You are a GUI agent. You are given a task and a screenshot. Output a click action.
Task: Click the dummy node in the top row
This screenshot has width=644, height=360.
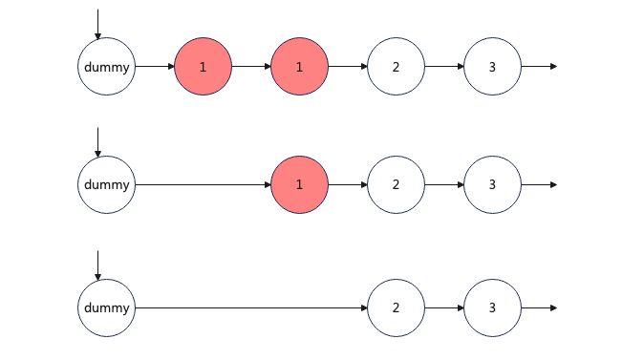click(106, 67)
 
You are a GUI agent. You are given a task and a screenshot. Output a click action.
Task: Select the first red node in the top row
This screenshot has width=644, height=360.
click(203, 67)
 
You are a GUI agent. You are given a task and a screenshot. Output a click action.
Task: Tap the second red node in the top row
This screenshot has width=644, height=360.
click(299, 67)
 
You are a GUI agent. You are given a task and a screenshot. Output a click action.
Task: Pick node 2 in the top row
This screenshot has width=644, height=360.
click(396, 67)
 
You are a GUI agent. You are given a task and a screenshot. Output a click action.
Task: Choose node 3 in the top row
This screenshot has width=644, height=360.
click(492, 67)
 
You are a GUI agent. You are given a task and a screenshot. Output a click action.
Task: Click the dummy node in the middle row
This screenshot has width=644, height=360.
click(106, 184)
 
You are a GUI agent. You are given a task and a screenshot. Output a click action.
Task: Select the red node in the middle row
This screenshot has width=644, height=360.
click(299, 184)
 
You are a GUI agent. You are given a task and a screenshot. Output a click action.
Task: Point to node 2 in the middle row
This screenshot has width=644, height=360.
click(396, 184)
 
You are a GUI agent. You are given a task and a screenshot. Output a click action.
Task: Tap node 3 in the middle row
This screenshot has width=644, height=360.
click(492, 184)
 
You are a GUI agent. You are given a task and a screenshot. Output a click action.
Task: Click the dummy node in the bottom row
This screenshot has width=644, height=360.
click(106, 307)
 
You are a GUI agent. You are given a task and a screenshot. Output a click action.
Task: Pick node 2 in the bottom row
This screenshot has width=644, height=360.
click(396, 307)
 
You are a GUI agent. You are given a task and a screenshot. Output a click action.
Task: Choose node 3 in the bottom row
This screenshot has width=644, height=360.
click(492, 307)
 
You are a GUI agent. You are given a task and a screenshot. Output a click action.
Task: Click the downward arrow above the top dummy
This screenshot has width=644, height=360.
click(97, 24)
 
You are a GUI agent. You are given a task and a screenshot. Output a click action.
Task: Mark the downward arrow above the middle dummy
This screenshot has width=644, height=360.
click(97, 142)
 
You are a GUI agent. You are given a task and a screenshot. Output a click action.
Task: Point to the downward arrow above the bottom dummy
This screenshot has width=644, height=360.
click(97, 265)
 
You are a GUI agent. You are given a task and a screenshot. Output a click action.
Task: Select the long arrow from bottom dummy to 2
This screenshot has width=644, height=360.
click(251, 307)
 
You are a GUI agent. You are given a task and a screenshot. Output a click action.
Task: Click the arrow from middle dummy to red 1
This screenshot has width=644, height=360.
click(203, 184)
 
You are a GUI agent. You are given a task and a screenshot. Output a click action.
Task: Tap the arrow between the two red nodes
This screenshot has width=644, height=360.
click(251, 67)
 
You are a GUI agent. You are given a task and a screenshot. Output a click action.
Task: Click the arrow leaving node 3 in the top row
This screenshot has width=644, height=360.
click(539, 67)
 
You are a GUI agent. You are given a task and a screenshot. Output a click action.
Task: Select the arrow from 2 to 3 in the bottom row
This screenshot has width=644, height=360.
click(444, 307)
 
